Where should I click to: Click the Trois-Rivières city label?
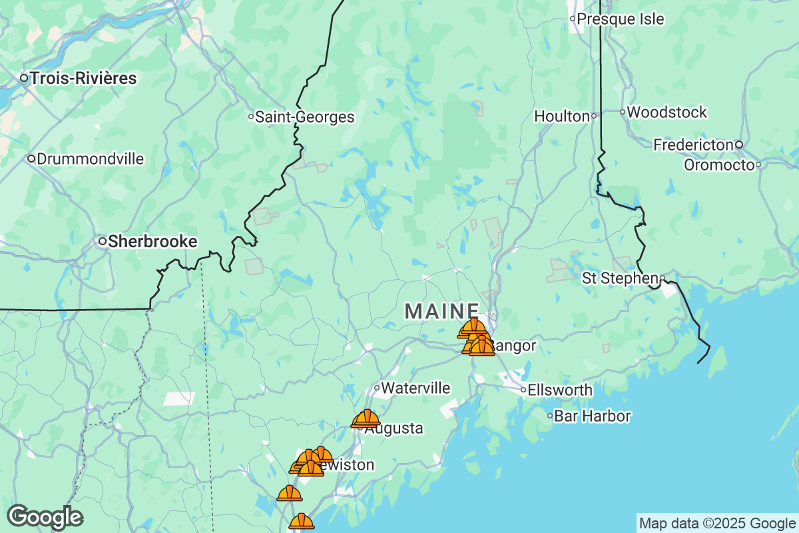coord(83,79)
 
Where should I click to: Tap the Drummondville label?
coord(91,159)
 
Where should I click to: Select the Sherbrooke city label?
coord(152,241)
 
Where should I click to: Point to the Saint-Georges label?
coord(305,117)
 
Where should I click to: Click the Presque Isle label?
coord(620,19)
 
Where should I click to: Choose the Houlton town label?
coord(562,117)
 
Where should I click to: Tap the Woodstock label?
coord(666,113)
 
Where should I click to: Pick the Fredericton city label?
coord(694,145)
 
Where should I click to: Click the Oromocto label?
coord(719,165)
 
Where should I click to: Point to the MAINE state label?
coord(442,311)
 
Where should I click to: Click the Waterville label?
coord(415,388)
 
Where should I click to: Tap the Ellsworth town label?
coord(559,390)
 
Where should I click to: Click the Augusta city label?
coord(394,428)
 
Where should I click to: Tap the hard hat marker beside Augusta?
coord(366,418)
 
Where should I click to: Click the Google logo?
coord(45,517)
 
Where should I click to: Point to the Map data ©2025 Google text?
coord(717,523)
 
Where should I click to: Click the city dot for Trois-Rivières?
coord(24,79)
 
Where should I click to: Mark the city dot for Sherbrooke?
coord(103,241)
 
